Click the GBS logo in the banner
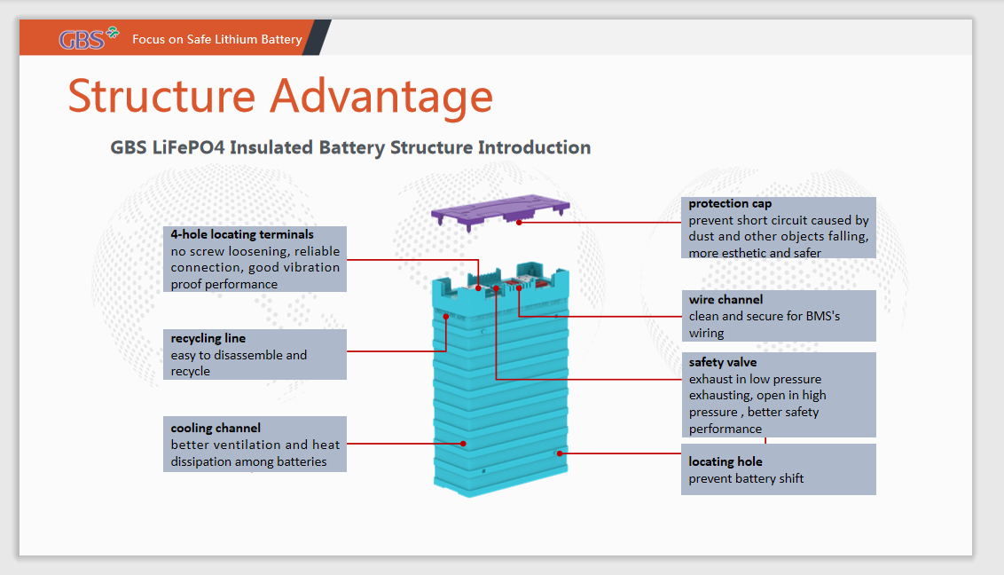coord(89,38)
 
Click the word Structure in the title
coord(162,96)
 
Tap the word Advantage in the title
coord(381,98)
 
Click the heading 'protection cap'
coord(730,203)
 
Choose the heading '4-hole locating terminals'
coord(242,234)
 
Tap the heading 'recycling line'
coord(208,338)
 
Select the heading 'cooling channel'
coord(216,428)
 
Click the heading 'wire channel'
coord(726,300)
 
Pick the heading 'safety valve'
coord(723,362)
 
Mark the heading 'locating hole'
coord(726,461)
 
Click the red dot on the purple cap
coord(519,222)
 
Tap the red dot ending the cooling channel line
coord(463,444)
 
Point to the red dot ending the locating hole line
coord(560,453)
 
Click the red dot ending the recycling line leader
coord(445,316)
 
